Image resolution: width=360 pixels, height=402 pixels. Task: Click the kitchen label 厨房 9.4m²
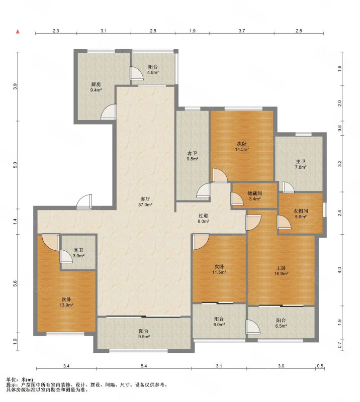[96, 87]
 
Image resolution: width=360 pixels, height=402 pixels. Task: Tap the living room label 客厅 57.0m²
[145, 202]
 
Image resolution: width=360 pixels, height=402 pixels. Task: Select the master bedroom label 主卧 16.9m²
[281, 271]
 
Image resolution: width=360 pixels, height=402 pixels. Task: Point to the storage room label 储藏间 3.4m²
[254, 196]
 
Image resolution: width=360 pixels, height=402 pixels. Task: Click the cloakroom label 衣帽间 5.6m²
[301, 214]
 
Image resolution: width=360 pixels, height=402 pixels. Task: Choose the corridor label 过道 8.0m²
[203, 219]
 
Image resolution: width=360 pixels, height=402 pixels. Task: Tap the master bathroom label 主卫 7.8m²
[301, 164]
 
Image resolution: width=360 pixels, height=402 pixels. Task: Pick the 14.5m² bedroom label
[242, 146]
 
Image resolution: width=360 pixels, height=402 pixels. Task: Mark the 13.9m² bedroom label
[66, 302]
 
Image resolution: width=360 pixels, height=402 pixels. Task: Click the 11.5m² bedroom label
[219, 269]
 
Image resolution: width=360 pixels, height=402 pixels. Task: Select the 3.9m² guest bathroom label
[78, 253]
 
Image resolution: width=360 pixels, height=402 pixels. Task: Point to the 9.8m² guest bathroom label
[192, 156]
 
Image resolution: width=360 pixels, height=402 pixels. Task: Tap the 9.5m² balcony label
[144, 334]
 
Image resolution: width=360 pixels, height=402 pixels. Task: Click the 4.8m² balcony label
[153, 69]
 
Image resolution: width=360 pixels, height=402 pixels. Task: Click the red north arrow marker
[18, 32]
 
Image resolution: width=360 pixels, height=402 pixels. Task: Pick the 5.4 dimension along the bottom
[144, 366]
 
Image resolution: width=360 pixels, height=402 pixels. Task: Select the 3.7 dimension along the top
[242, 31]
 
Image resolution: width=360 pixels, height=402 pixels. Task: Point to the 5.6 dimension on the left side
[15, 283]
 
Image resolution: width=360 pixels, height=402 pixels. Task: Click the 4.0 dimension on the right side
[339, 270]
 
